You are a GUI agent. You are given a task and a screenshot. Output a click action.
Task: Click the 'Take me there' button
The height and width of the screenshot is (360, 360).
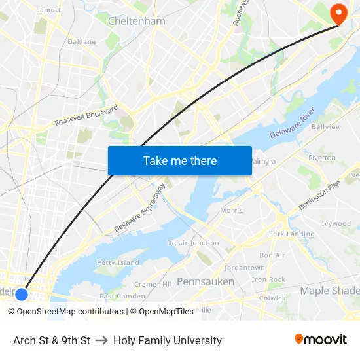click(x=179, y=160)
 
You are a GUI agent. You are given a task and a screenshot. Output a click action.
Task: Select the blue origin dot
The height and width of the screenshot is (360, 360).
click(x=22, y=294)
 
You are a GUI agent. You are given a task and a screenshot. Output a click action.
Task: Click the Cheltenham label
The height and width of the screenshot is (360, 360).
click(x=136, y=21)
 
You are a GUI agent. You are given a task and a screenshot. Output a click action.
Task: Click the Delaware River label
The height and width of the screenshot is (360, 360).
click(x=293, y=128)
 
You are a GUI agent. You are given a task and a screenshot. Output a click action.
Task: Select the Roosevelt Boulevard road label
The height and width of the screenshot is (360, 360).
click(x=86, y=115)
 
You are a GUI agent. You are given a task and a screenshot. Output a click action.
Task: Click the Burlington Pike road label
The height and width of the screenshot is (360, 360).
click(x=319, y=196)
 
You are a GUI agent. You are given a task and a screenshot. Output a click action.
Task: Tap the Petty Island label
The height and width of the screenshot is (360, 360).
click(x=118, y=262)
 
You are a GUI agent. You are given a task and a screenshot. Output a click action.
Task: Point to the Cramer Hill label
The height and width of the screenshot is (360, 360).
click(x=154, y=284)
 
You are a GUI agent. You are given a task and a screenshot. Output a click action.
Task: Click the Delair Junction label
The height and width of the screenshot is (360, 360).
click(x=193, y=243)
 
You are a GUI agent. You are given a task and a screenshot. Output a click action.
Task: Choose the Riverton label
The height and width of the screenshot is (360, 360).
click(x=321, y=158)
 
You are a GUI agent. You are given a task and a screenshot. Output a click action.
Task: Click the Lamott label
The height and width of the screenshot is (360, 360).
click(x=48, y=10)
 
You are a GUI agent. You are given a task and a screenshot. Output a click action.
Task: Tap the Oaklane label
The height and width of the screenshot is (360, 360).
click(x=81, y=41)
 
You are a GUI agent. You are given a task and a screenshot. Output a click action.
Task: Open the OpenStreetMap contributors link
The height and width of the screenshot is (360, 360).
click(x=65, y=312)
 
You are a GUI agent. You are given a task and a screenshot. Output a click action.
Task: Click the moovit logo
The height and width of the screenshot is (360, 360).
click(x=321, y=340)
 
